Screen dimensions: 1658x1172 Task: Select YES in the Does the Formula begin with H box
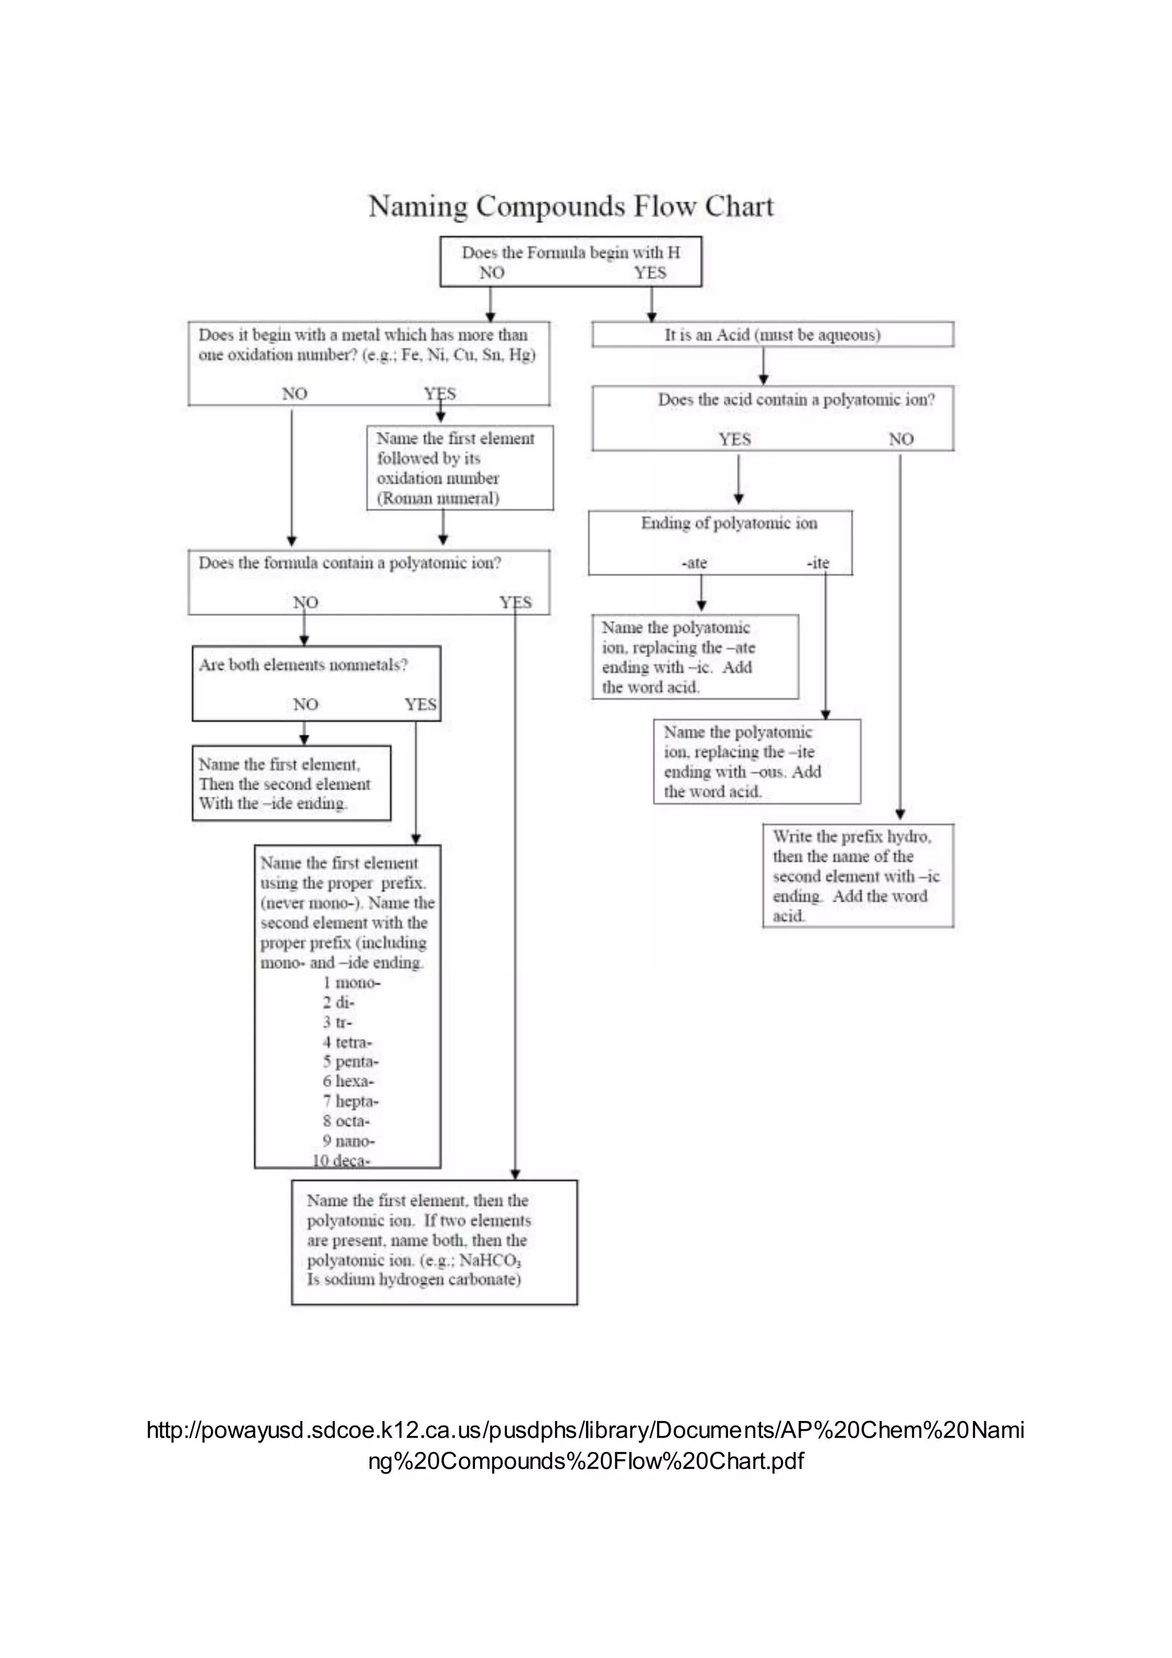coord(650,273)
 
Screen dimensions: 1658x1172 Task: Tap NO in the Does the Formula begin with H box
coord(492,273)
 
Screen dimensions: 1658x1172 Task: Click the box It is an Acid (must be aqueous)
coord(772,335)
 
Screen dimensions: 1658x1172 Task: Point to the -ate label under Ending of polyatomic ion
coord(694,563)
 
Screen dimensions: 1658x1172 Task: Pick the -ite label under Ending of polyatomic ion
coord(818,563)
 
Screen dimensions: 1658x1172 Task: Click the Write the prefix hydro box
coord(857,875)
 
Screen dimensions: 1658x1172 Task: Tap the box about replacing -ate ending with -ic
coord(694,657)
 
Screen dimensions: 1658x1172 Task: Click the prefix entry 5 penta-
coord(350,1061)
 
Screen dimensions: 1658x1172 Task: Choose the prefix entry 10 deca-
coord(340,1160)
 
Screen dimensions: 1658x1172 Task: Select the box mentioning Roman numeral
coord(459,468)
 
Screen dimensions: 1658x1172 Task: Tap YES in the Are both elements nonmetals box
coord(420,705)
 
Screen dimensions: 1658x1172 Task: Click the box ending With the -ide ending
coord(291,784)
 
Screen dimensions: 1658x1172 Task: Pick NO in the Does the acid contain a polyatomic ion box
coord(901,439)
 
